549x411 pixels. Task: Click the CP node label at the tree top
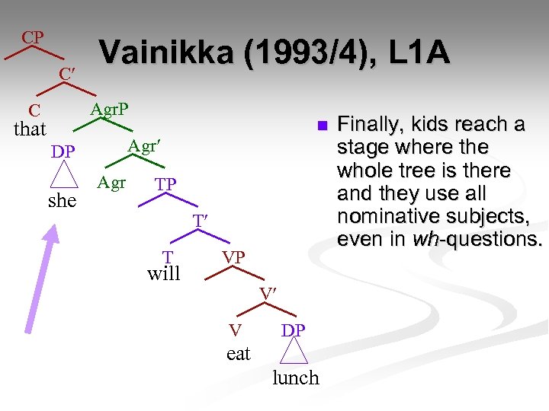pyautogui.click(x=32, y=37)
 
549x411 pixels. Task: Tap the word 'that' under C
pyautogui.click(x=30, y=129)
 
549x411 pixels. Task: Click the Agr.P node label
pyautogui.click(x=109, y=110)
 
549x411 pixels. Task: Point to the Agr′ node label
pyautogui.click(x=145, y=145)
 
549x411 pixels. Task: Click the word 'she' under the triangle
pyautogui.click(x=62, y=200)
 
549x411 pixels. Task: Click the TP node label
pyautogui.click(x=165, y=184)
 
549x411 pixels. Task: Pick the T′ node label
pyautogui.click(x=201, y=221)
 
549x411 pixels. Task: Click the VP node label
pyautogui.click(x=233, y=257)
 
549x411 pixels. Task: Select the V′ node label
pyautogui.click(x=267, y=294)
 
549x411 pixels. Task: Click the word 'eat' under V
pyautogui.click(x=238, y=353)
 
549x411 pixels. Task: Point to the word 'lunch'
pyautogui.click(x=296, y=378)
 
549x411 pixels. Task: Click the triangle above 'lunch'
pyautogui.click(x=294, y=352)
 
